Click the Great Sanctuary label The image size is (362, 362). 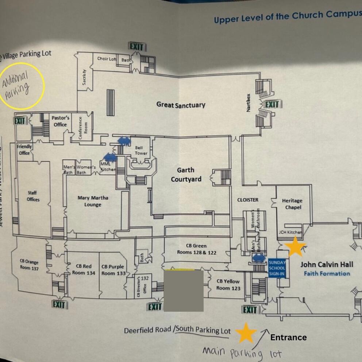(x=181, y=105)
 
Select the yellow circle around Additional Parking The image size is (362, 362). (x=22, y=86)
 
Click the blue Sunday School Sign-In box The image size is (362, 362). (x=277, y=268)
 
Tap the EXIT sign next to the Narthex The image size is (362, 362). (x=272, y=105)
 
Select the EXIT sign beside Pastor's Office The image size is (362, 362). (x=20, y=121)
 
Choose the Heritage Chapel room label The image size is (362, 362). (x=292, y=204)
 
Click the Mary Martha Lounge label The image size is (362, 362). (x=93, y=201)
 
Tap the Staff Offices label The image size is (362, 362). (x=33, y=196)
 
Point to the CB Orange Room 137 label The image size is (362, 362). (x=29, y=265)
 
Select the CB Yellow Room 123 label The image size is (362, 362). (x=228, y=284)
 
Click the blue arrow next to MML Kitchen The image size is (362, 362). (x=110, y=157)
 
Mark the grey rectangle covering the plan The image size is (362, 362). (x=184, y=291)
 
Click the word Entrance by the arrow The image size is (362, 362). (x=288, y=338)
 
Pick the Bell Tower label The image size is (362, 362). (x=141, y=151)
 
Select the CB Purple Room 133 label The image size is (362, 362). (x=113, y=270)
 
